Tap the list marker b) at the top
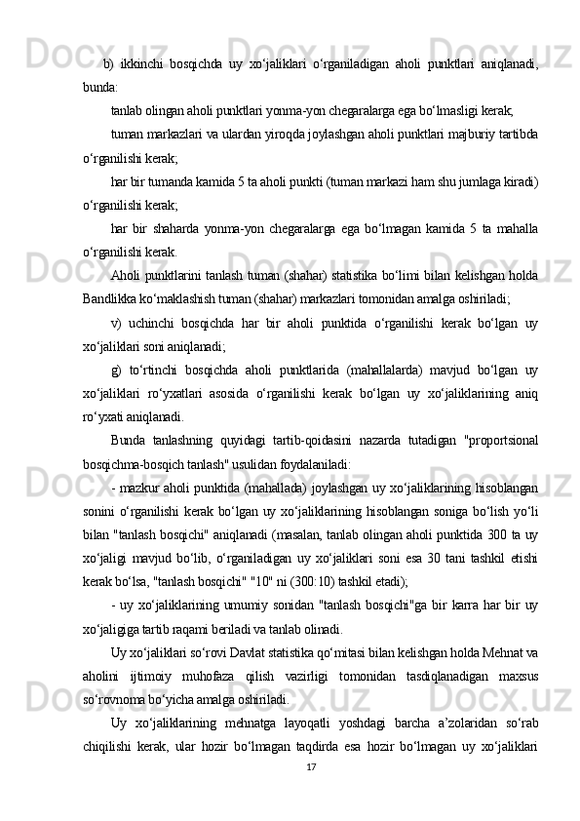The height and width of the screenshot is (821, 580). [x=107, y=64]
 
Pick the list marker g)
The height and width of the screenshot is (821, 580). [x=116, y=368]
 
